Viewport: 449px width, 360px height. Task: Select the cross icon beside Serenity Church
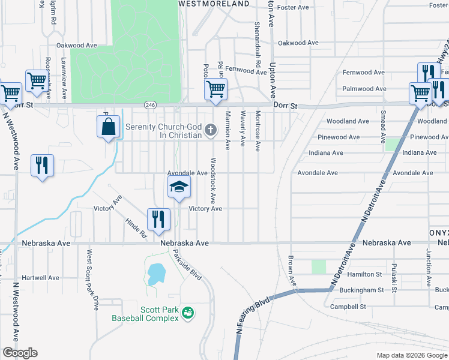coord(210,129)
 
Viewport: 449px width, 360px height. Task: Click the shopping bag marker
coord(108,127)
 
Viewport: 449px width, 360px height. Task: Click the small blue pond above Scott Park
coord(155,274)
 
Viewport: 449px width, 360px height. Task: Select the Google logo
coord(20,353)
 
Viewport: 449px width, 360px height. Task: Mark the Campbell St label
coord(348,307)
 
